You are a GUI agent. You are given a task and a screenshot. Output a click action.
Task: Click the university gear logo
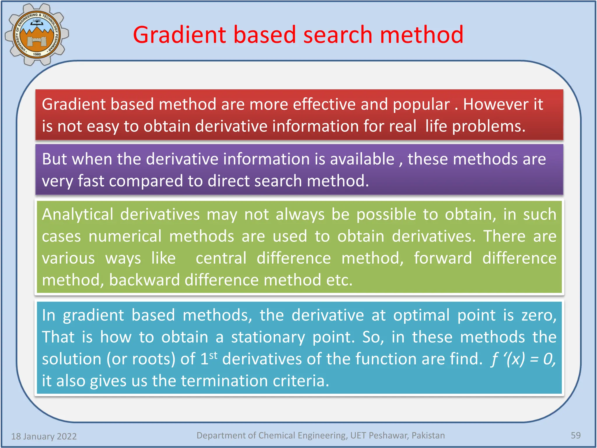(x=37, y=34)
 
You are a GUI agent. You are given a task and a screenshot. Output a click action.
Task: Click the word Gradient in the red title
(x=179, y=35)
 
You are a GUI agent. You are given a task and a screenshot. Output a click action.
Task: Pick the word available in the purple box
(x=362, y=159)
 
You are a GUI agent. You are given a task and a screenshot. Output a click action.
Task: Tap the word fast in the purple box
(x=91, y=181)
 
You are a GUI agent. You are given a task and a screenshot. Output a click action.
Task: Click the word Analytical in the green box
(x=78, y=215)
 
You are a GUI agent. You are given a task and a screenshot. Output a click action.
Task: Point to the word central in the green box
(x=221, y=258)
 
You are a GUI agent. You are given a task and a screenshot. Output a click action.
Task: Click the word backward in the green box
(x=144, y=280)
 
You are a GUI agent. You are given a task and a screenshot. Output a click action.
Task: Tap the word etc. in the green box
(x=339, y=280)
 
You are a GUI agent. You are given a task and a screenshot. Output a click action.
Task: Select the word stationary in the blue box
(x=268, y=337)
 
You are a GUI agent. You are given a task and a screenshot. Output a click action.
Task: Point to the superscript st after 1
(x=213, y=355)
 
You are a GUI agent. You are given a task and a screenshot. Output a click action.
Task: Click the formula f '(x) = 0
(x=523, y=359)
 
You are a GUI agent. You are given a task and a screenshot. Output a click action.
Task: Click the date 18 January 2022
(x=44, y=436)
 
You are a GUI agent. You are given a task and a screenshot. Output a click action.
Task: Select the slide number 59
(x=575, y=435)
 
